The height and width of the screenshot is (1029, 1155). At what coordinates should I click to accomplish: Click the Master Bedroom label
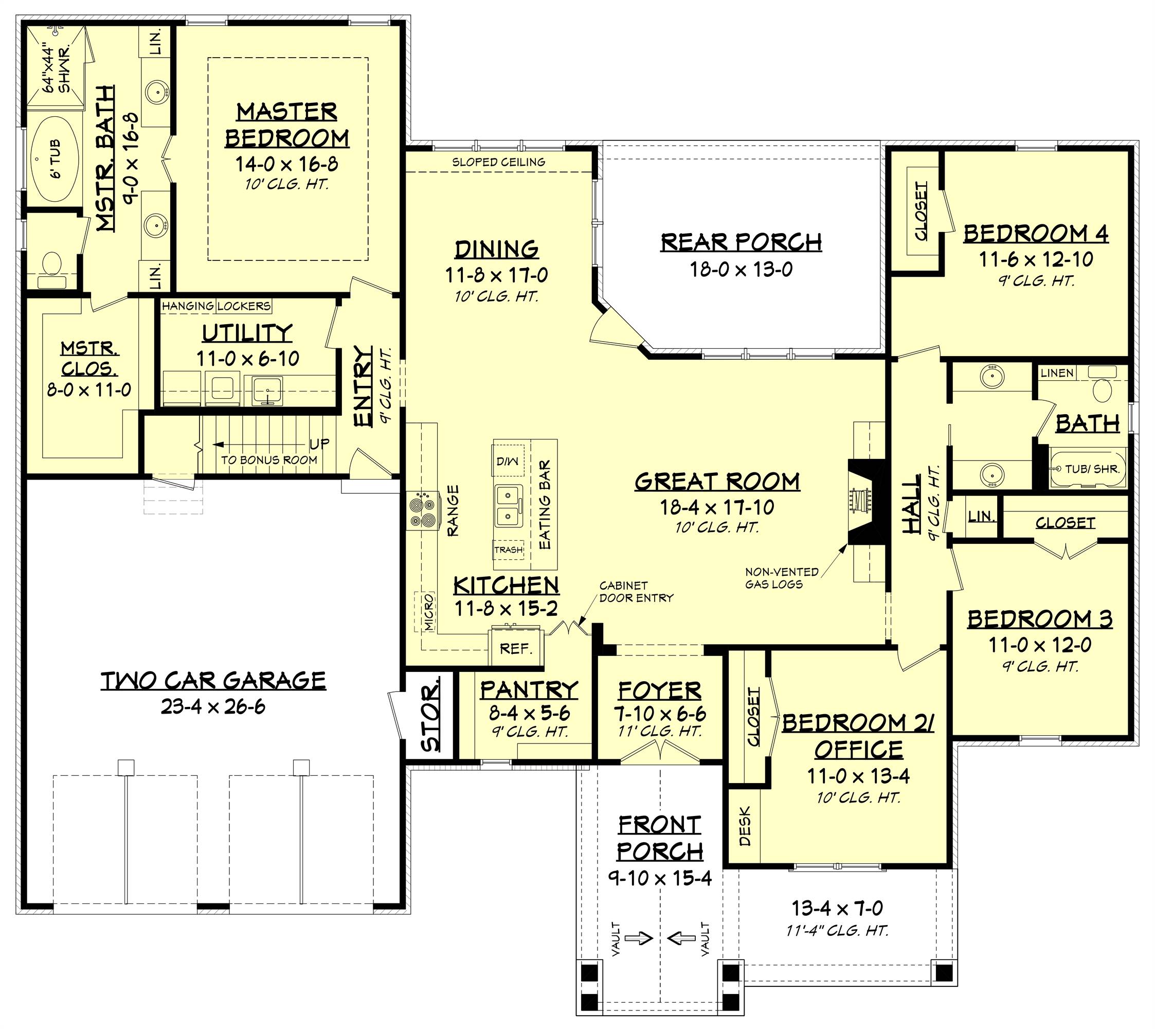coord(287,125)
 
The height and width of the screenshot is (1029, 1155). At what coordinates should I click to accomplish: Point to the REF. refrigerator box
coord(516,648)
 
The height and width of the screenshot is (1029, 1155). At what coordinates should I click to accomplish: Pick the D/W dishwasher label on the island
coord(508,462)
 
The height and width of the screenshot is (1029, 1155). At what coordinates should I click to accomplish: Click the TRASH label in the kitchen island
coord(509,549)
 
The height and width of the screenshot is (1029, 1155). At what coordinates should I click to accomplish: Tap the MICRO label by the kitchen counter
coord(428,612)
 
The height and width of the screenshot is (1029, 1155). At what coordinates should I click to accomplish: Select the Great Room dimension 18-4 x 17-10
coord(717,507)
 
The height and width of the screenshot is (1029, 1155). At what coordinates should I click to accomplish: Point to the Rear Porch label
coord(741,242)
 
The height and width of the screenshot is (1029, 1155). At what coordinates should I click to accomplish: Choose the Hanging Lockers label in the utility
coord(216,306)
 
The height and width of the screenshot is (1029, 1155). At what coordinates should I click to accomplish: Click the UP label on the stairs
coord(319,444)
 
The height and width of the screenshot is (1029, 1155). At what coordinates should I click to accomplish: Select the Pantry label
coord(530,690)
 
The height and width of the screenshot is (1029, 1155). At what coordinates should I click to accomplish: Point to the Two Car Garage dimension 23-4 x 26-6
coord(213,707)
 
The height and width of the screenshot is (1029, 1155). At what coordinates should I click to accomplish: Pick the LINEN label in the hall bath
coord(1057,372)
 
